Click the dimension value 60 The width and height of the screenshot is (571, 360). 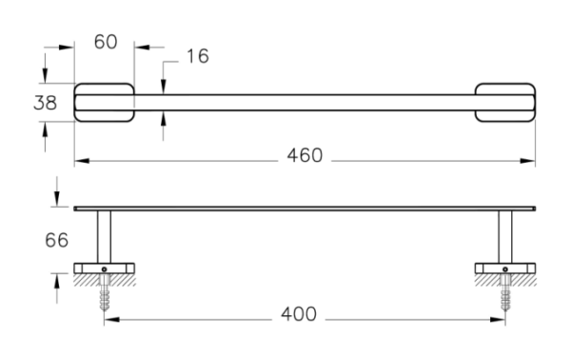106,42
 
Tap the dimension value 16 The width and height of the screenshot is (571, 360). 198,56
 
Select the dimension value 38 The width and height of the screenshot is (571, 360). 45,103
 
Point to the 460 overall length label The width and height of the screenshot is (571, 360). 305,155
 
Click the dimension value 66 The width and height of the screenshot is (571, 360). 56,241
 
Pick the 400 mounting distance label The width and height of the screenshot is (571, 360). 299,314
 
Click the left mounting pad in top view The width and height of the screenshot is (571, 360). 104,103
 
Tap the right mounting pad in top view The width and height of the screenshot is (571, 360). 505,103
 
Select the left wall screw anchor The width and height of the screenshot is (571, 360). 105,292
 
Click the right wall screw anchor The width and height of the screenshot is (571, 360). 505,292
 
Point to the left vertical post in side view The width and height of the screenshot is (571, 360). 104,237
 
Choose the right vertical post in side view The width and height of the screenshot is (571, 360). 505,237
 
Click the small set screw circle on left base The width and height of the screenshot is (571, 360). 104,270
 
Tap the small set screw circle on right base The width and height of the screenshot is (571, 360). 505,270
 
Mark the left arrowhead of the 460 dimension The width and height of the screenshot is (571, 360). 82,161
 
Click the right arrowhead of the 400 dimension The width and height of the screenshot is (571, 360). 498,320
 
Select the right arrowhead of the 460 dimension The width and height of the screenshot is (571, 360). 527,161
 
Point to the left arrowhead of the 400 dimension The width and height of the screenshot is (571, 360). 112,320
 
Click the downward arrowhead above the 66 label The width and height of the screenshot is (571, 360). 57,199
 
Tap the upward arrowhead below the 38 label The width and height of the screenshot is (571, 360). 45,130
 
